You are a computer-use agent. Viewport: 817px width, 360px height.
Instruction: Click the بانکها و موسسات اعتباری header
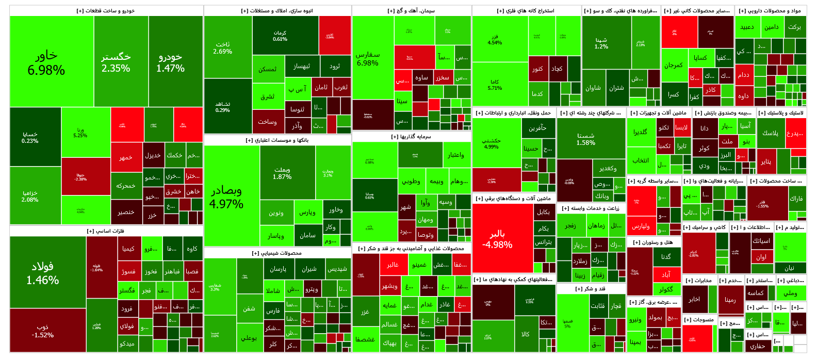coord(277,140)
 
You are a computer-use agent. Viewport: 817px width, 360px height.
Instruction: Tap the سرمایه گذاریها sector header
coord(411,137)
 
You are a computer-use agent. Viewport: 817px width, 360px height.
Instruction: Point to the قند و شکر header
coord(590,289)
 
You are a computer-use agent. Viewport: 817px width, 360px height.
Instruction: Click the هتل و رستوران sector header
coord(652,242)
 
